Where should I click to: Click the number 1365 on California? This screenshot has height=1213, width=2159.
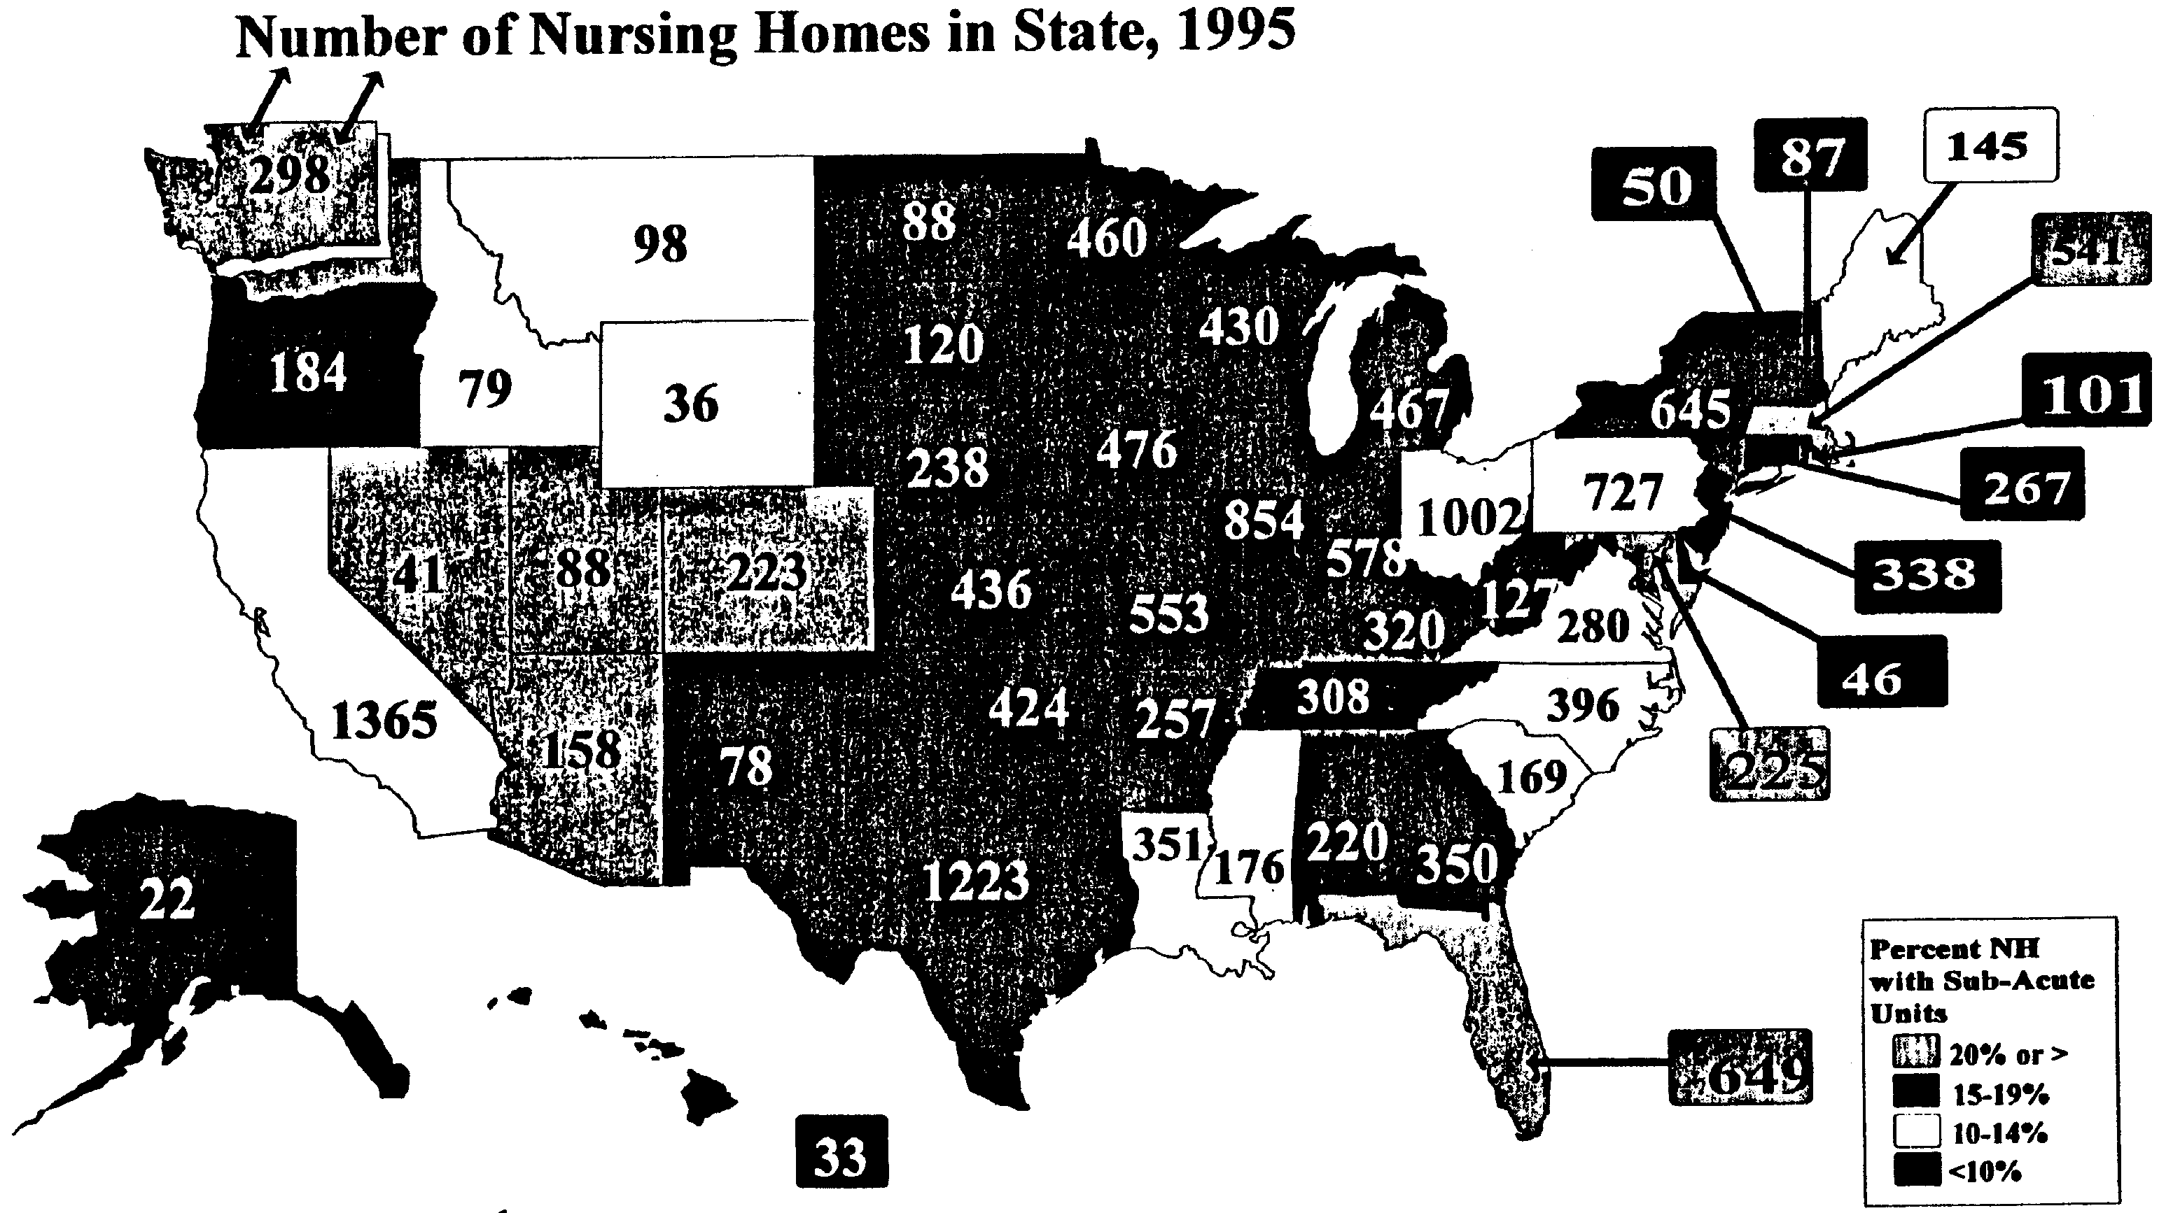pyautogui.click(x=385, y=721)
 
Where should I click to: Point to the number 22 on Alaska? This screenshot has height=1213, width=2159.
pyautogui.click(x=167, y=900)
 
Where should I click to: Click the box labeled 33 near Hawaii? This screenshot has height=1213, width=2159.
pyautogui.click(x=841, y=1156)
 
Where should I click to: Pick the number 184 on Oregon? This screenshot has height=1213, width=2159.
pyautogui.click(x=307, y=372)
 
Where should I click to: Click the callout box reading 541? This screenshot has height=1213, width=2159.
pyautogui.click(x=2090, y=250)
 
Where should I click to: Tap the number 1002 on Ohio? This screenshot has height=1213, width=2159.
pyautogui.click(x=1469, y=518)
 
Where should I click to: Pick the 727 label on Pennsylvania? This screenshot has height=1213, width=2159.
pyautogui.click(x=1623, y=492)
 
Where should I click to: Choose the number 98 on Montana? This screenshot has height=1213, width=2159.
pyautogui.click(x=660, y=245)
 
